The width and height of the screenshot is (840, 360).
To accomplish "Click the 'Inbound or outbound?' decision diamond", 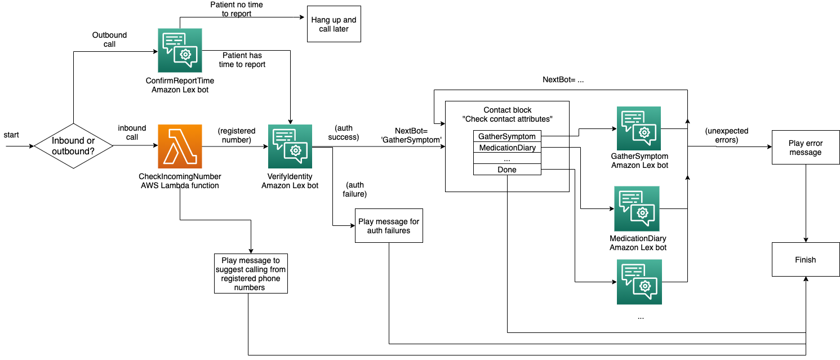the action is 73,146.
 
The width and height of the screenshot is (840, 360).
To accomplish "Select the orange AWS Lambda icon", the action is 180,146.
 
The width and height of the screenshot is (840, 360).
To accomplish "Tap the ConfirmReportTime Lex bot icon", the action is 180,50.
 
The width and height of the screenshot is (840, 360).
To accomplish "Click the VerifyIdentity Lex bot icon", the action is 290,146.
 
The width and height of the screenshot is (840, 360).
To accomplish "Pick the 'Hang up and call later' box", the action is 334,24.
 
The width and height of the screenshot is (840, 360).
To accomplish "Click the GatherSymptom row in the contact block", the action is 507,136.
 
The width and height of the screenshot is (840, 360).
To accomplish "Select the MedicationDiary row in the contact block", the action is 507,148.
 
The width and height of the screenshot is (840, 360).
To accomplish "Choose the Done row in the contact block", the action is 507,170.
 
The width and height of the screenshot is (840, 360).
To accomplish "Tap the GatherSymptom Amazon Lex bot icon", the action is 639,128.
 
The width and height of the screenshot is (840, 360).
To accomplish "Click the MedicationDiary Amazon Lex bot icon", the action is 637,208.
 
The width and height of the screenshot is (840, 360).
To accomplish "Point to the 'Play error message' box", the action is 806,148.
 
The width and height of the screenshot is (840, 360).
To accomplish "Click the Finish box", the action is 806,260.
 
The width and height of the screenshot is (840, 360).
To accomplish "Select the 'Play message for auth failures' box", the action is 389,226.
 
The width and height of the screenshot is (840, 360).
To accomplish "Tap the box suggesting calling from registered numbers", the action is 251,273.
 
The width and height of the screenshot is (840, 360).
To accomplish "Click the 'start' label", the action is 11,135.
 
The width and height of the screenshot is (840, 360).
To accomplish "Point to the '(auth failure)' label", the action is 354,189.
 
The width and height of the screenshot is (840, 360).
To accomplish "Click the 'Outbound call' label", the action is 109,39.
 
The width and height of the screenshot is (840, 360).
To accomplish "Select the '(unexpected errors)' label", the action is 726,135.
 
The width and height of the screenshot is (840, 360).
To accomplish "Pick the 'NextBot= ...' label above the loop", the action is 563,79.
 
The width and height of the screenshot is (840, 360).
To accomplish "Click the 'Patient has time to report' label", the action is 242,60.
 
